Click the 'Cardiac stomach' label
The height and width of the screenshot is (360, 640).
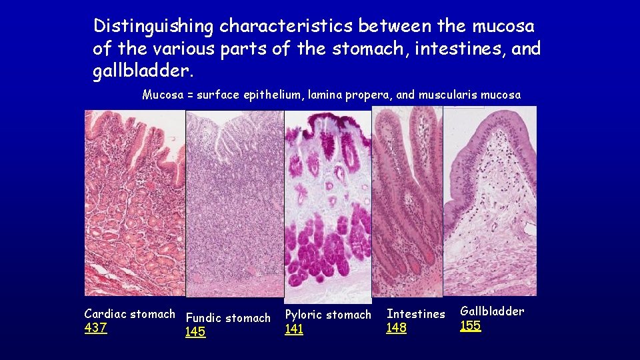(x=129, y=314)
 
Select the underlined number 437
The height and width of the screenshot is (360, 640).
(x=95, y=328)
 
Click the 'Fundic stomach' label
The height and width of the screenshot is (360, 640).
(x=228, y=318)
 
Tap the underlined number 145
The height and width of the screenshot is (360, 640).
(x=195, y=332)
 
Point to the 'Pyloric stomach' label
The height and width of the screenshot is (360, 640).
(x=328, y=315)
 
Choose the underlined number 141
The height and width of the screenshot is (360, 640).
(x=294, y=329)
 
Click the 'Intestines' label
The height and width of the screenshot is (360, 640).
(x=415, y=314)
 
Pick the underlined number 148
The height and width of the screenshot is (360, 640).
(x=397, y=328)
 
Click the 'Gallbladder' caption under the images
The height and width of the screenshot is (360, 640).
(x=492, y=311)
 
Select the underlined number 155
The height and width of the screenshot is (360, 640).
(x=471, y=326)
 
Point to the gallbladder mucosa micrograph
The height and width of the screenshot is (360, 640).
(x=490, y=200)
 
